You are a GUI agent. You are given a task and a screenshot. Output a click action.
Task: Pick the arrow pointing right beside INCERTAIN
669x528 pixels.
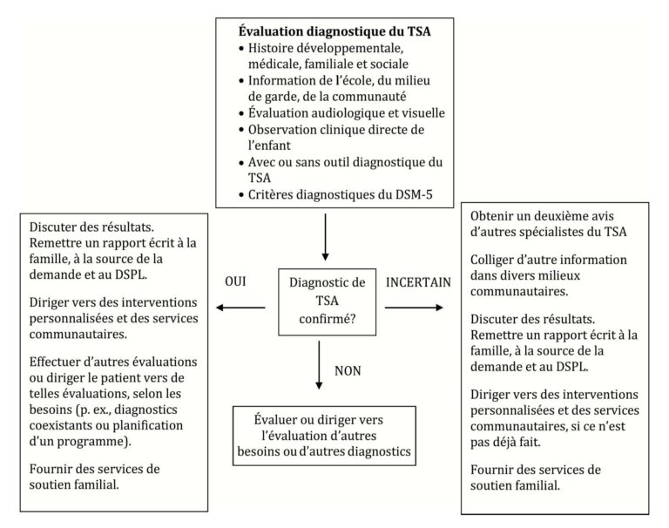(x=415, y=307)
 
